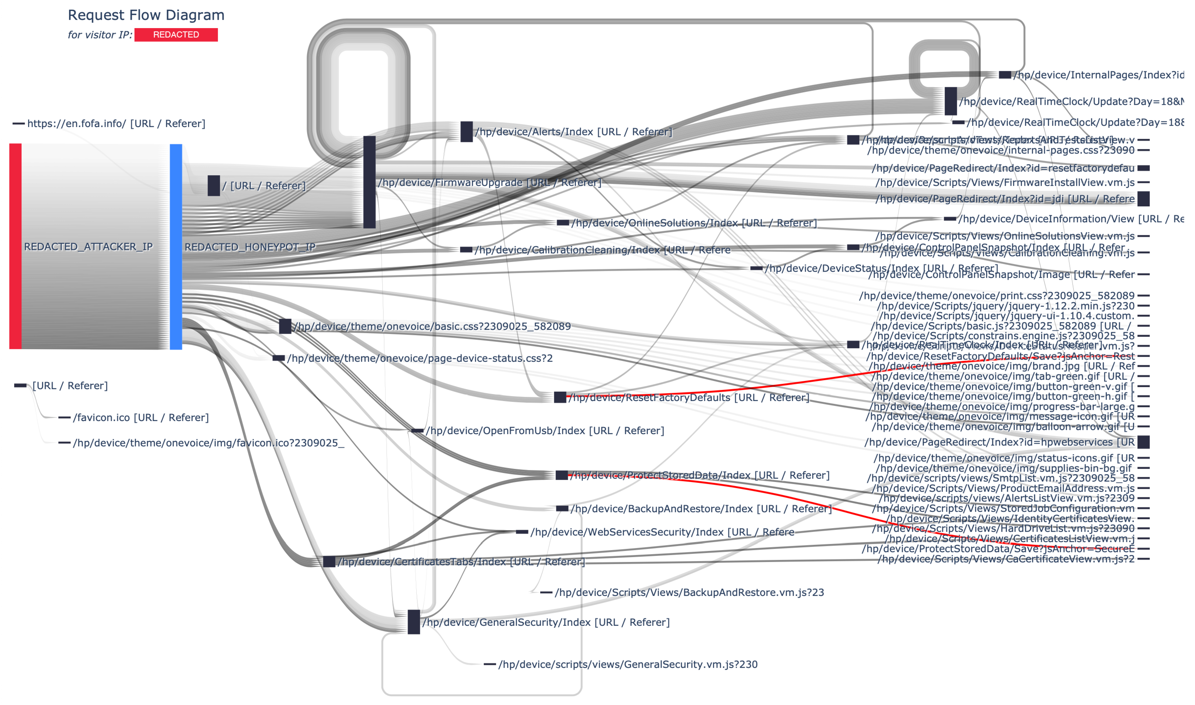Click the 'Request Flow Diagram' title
(x=146, y=15)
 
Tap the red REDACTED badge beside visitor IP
(x=176, y=35)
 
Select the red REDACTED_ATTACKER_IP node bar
(x=15, y=246)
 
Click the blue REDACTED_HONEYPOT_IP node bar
(x=176, y=246)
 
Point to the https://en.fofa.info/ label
(x=116, y=123)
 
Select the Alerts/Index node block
(x=466, y=132)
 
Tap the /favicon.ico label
(x=141, y=418)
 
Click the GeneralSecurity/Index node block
(x=414, y=622)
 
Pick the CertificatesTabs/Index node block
(x=329, y=561)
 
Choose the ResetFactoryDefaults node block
(x=560, y=397)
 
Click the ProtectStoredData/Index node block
(x=562, y=475)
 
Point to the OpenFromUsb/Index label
(x=545, y=431)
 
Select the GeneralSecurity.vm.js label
(x=628, y=664)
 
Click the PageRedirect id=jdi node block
(x=1143, y=199)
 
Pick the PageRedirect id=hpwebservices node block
(x=1143, y=442)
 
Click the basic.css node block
(x=285, y=326)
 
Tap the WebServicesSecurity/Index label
(x=662, y=532)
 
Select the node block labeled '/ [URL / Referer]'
(x=214, y=185)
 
